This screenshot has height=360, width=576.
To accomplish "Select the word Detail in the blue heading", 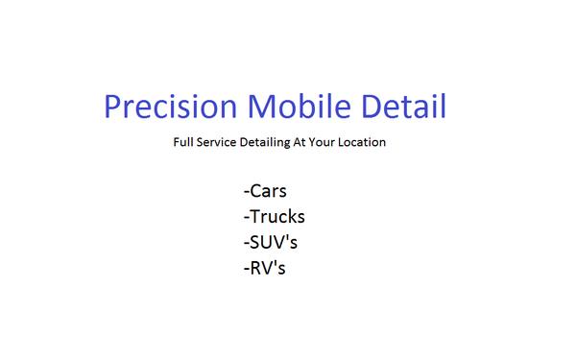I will (402, 108).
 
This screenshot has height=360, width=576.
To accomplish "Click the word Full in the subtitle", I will (182, 143).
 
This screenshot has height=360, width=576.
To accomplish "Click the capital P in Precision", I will (112, 108).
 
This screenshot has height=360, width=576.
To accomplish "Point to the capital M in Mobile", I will (252, 108).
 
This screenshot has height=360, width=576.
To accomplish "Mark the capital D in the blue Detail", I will (369, 108).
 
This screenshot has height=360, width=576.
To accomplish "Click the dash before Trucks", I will (247, 219).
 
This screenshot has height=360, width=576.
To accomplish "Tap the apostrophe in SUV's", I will (288, 235).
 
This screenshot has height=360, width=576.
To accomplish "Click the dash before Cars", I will (247, 193).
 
